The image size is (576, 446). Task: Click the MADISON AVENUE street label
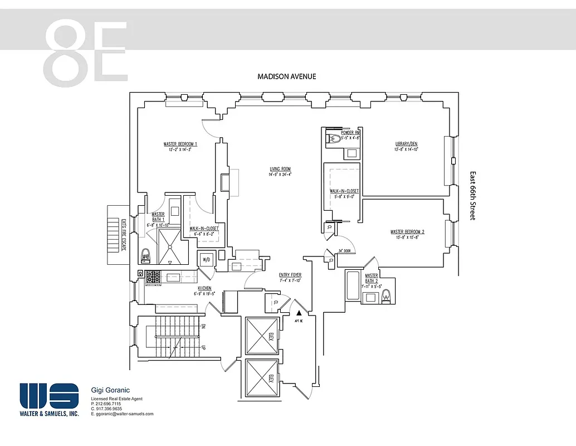pyautogui.click(x=286, y=76)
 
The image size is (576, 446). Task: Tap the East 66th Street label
pyautogui.click(x=472, y=196)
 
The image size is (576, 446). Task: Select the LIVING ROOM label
pyautogui.click(x=280, y=169)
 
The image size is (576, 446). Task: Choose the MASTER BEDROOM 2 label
pyautogui.click(x=407, y=232)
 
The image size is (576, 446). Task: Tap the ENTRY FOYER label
pyautogui.click(x=290, y=275)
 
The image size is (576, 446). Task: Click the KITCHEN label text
pyautogui.click(x=204, y=288)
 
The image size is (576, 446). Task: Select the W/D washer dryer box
pyautogui.click(x=206, y=259)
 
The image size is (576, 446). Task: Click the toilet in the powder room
pyautogui.click(x=334, y=140)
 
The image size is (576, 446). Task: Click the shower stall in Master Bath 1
pyautogui.click(x=168, y=246)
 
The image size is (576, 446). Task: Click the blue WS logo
pyautogui.click(x=49, y=395)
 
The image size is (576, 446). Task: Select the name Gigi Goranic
pyautogui.click(x=110, y=390)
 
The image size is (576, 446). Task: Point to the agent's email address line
pyautogui.click(x=122, y=414)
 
